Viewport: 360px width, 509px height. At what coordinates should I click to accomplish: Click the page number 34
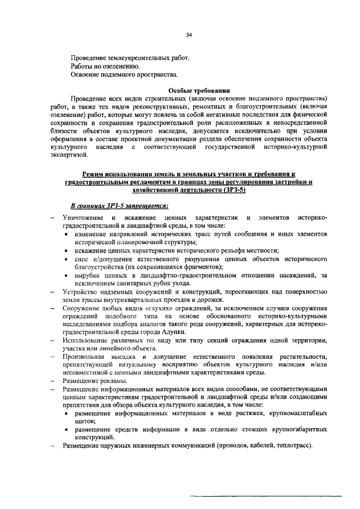(x=189, y=35)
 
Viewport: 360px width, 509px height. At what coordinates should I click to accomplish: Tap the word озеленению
(x=116, y=66)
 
